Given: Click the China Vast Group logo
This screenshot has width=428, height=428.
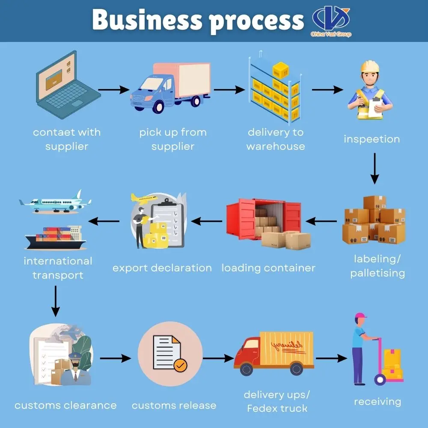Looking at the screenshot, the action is coord(331,21).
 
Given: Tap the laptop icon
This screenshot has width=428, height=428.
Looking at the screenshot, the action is coord(68,84).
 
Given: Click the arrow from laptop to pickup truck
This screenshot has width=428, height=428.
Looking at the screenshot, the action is coord(113,89).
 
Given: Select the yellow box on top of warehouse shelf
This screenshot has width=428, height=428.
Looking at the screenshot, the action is coord(280,70).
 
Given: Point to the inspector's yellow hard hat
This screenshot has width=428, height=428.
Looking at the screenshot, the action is coord(370,66).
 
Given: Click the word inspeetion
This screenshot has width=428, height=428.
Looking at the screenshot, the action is coord(372,139).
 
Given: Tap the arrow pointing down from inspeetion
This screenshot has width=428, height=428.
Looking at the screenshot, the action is coord(374,168).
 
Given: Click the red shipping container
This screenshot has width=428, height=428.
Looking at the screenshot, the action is coord(263,219).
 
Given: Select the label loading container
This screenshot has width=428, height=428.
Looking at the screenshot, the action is coord(268,268).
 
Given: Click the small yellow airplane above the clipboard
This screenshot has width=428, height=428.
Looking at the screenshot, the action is coord(143,199).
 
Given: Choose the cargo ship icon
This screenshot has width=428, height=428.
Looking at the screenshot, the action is coord(56,238).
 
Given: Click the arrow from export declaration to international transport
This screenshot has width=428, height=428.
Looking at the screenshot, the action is coord(104,221).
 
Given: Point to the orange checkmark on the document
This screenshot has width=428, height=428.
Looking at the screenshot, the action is coord(180,365).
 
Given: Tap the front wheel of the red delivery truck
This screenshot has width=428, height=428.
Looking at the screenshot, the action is coord(247,369).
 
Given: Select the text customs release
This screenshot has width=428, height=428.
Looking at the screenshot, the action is coord(174,405).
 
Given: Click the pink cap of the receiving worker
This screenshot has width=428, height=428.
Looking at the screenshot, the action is coord(360,315).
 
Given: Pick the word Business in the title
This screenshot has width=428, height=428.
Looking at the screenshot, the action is coord(147,20).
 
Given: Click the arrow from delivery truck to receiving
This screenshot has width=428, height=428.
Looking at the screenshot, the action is coord(331,358).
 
